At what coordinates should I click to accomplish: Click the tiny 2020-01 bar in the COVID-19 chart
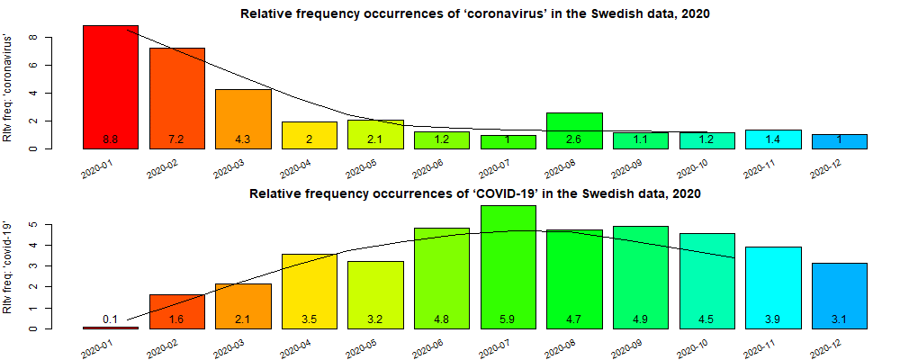point(110,328)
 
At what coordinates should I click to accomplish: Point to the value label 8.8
point(111,139)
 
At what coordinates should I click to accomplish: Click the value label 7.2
point(176,139)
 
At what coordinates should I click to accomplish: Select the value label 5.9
point(508,319)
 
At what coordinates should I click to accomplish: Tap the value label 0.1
point(111,319)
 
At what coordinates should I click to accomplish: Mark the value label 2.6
point(574,139)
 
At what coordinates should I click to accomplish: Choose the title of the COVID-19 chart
point(474,193)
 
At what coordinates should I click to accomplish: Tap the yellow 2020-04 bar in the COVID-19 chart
point(309,290)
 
